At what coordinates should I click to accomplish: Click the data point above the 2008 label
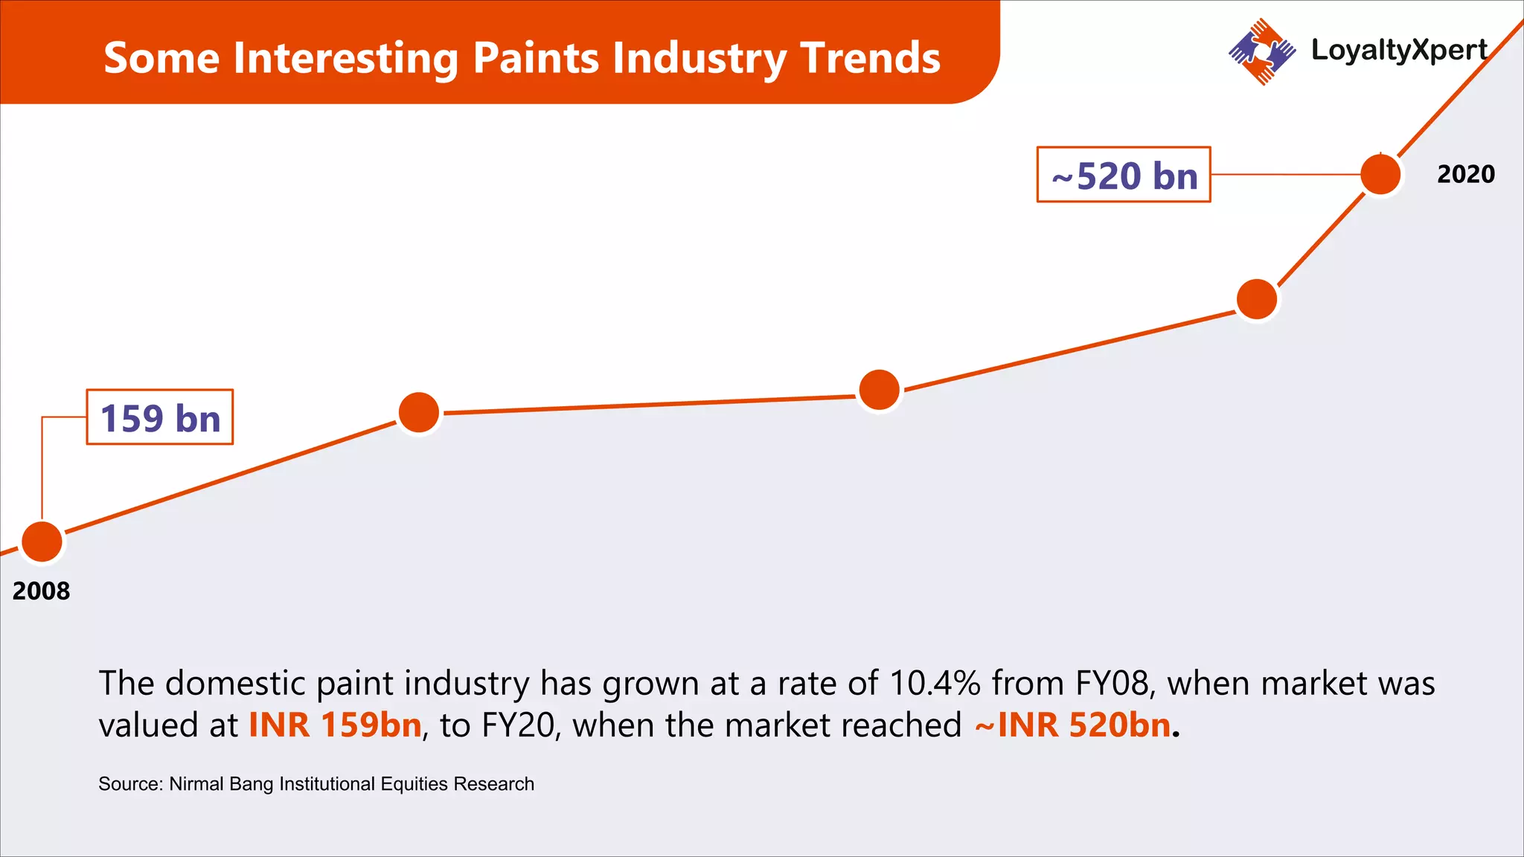coord(42,542)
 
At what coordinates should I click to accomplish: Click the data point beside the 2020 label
coord(1380,175)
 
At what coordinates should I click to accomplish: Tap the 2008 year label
coord(41,591)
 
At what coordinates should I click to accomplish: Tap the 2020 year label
coord(1465,174)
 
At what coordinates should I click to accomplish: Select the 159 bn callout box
coord(160,417)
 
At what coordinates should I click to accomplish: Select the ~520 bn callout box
coord(1124,175)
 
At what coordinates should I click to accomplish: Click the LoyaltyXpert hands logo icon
coord(1261,51)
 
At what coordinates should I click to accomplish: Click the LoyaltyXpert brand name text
coord(1399,50)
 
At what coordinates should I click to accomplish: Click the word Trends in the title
coord(870,58)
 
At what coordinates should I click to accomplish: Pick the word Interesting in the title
coord(345,58)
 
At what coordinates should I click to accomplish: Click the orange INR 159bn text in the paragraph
coord(335,725)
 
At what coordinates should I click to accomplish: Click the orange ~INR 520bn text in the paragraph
coord(1073,725)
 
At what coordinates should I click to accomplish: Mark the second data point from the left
coord(419,412)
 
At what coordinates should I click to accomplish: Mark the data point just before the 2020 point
coord(1257,299)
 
